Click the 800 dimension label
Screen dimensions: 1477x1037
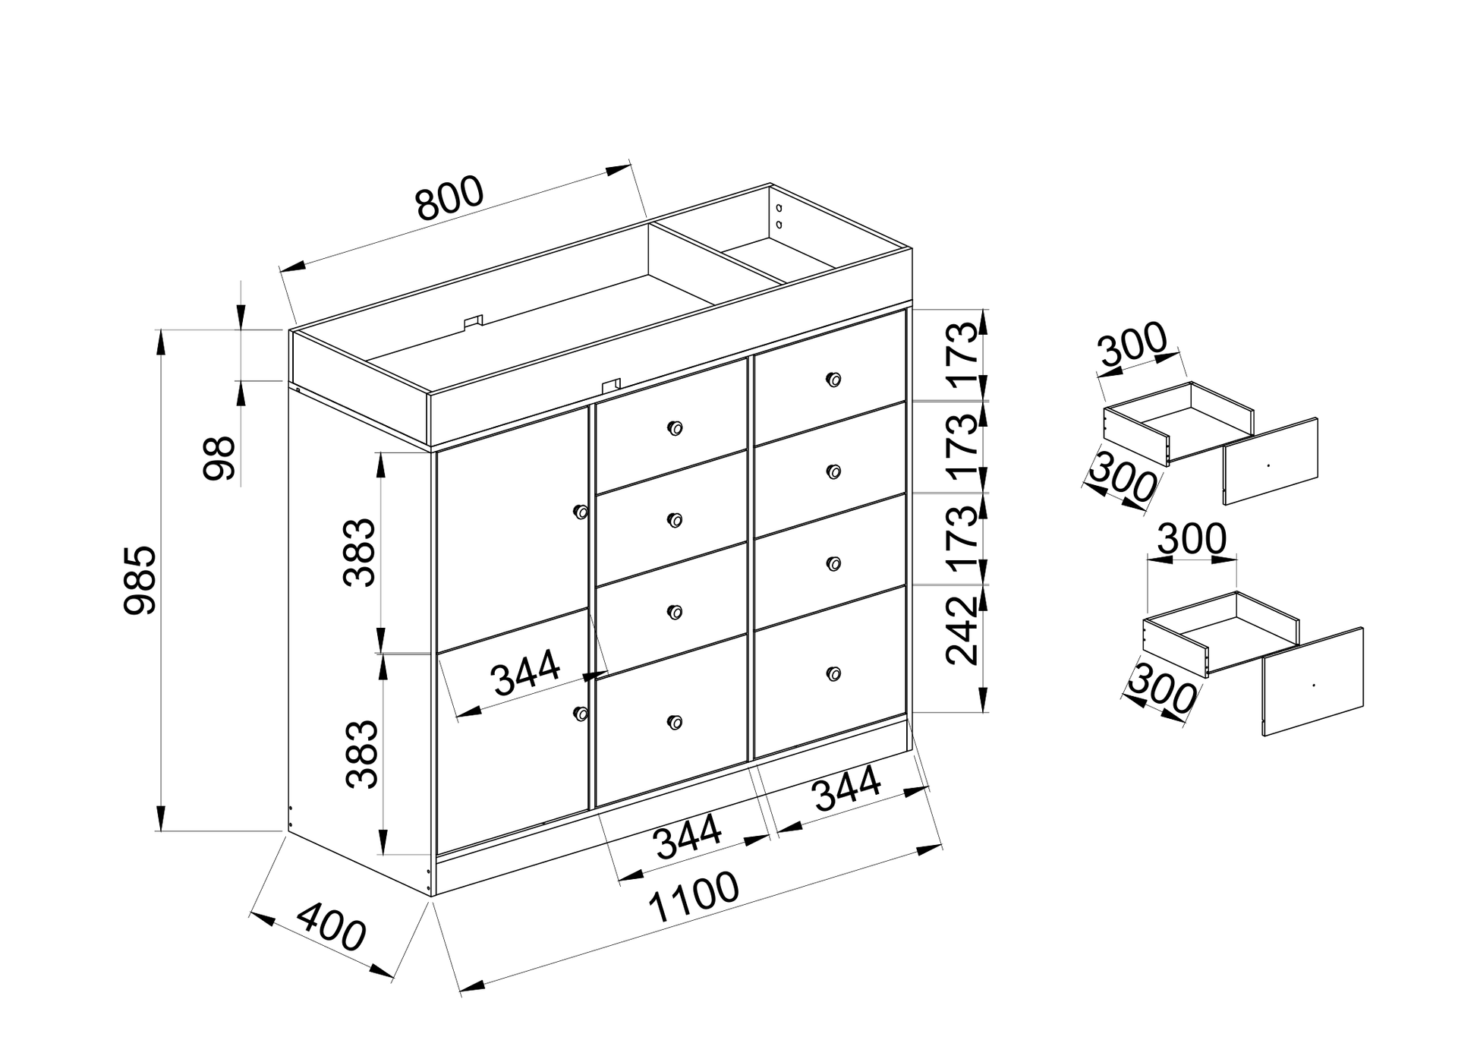click(449, 198)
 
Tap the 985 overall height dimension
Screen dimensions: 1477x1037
click(140, 579)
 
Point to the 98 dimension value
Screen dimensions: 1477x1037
click(220, 458)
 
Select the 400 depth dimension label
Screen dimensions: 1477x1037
click(331, 926)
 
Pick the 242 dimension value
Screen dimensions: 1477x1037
click(962, 631)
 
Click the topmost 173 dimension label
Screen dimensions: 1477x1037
click(962, 355)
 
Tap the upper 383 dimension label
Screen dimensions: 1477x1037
click(359, 553)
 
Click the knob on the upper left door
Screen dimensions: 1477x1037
click(581, 512)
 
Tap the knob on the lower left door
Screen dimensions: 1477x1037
click(581, 713)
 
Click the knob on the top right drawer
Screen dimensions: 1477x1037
click(833, 380)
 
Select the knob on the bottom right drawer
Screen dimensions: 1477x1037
click(833, 673)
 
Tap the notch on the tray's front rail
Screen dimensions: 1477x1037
click(611, 386)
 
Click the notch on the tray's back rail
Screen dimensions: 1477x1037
click(474, 322)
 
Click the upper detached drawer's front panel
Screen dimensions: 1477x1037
click(1271, 461)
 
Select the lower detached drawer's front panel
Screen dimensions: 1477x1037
click(1313, 681)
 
